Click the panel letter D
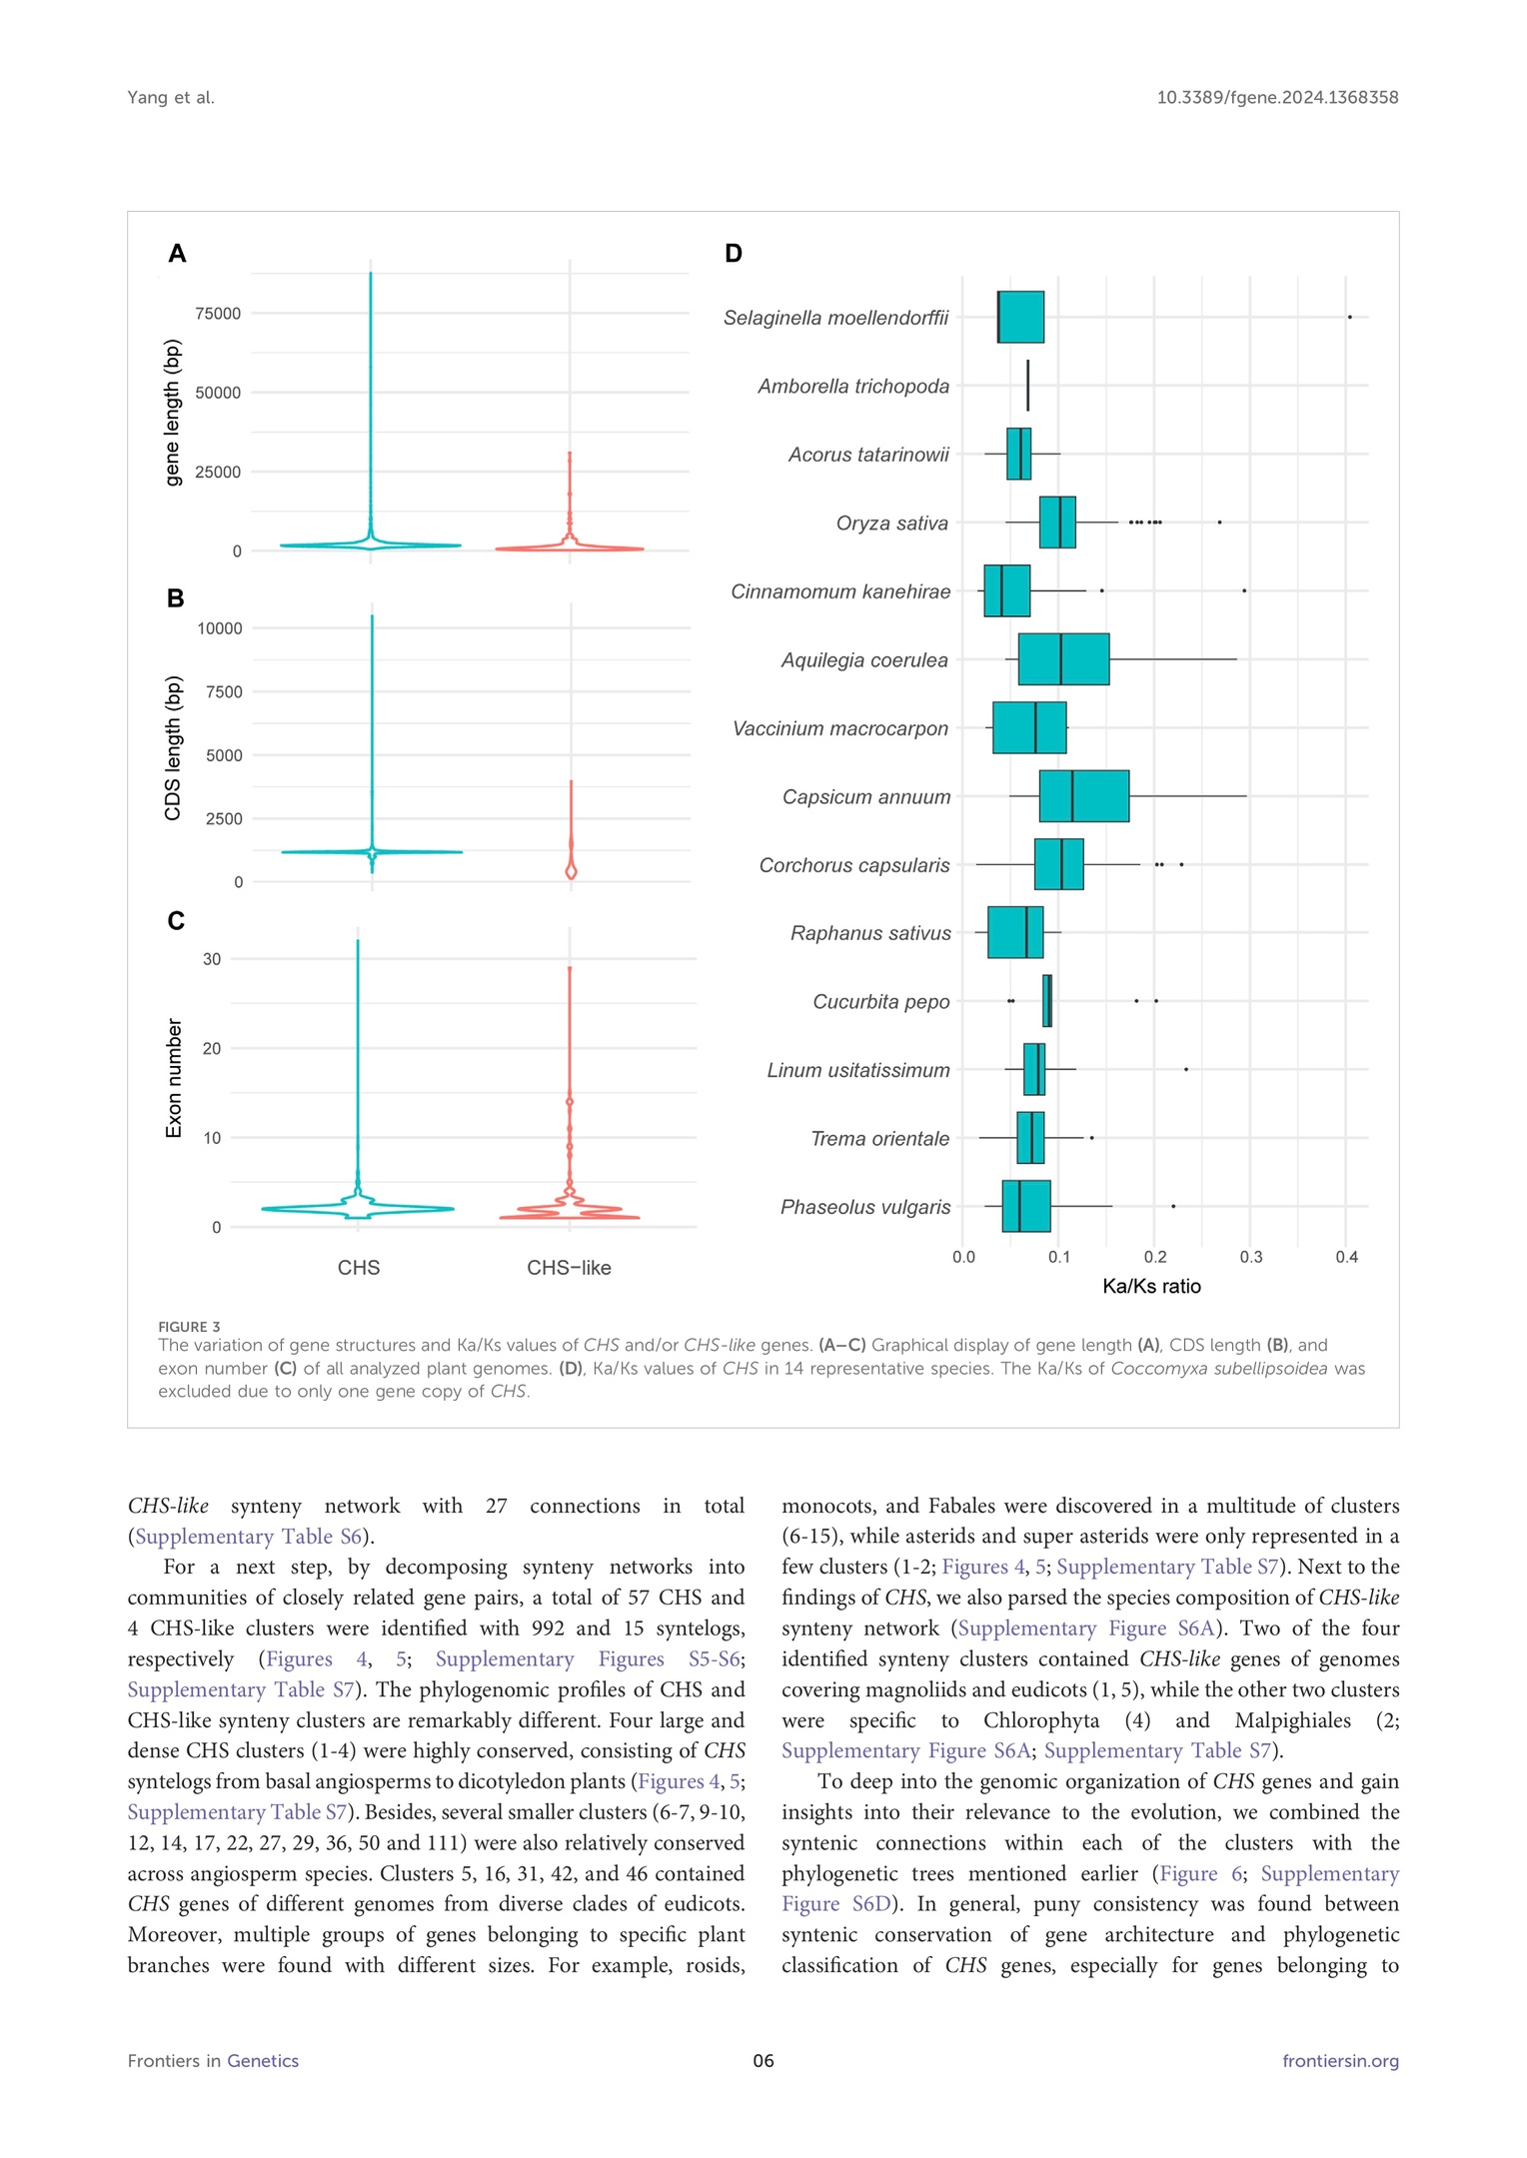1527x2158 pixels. (x=734, y=254)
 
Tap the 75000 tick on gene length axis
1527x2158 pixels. (x=218, y=314)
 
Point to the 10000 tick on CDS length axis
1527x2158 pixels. (x=220, y=628)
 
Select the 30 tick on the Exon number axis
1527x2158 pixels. (x=212, y=959)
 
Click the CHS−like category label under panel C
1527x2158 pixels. (x=569, y=1268)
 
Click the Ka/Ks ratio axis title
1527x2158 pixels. (x=1151, y=1287)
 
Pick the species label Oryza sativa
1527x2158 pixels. (x=891, y=524)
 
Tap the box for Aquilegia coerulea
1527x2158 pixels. (x=1063, y=659)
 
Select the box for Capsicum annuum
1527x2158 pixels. (x=1084, y=796)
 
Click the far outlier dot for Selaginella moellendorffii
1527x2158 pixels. (x=1349, y=317)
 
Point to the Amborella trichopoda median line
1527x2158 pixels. (x=1027, y=386)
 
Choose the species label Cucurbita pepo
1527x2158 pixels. (x=880, y=1002)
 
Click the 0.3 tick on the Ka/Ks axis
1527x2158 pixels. (x=1251, y=1258)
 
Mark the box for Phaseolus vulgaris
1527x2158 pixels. (x=1026, y=1206)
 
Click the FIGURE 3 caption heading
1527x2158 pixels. (x=189, y=1327)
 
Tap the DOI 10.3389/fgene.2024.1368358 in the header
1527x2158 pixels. (x=1277, y=98)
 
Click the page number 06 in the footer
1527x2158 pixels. (x=763, y=2061)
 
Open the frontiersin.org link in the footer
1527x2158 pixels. (x=1340, y=2061)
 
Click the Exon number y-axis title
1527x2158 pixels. (x=174, y=1078)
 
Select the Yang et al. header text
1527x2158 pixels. (x=171, y=98)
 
